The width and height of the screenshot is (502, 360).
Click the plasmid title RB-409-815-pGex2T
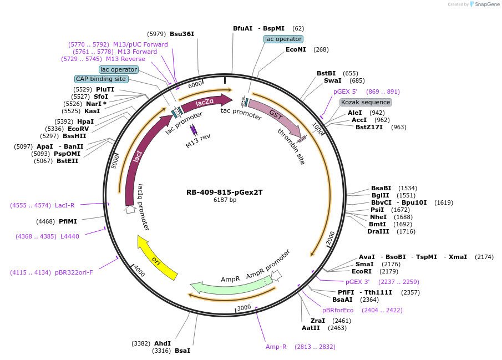225,192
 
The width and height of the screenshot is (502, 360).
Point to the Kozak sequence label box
366,102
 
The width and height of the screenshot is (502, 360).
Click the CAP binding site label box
101,79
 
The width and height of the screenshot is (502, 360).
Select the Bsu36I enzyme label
182,34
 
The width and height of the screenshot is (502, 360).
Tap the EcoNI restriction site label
296,49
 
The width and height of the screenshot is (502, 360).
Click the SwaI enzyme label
333,80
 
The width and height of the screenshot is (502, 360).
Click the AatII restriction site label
311,328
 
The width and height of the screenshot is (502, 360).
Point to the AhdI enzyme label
163,343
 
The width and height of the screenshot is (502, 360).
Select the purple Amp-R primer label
276,347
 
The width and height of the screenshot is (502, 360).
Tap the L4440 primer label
69,236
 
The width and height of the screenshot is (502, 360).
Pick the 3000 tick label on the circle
244,307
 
